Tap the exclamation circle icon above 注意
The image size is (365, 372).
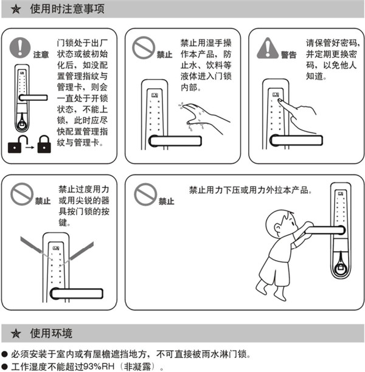(22, 46)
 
